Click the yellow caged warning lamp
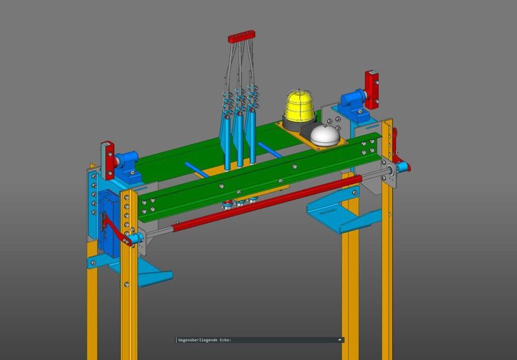pyautogui.click(x=300, y=106)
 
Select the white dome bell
pyautogui.click(x=325, y=135)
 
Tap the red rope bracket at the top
pyautogui.click(x=241, y=36)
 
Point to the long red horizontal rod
pyautogui.click(x=267, y=203)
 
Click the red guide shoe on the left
pyautogui.click(x=108, y=160)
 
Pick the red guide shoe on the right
pyautogui.click(x=372, y=89)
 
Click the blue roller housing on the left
pyautogui.click(x=128, y=167)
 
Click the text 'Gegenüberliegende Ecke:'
pyautogui.click(x=205, y=340)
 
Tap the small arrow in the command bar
pyautogui.click(x=340, y=339)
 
